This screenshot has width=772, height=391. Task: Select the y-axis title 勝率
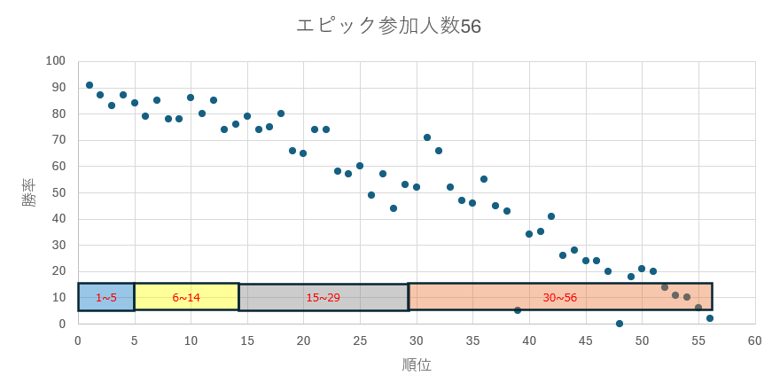tap(29, 192)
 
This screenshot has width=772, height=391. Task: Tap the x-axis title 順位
tap(417, 364)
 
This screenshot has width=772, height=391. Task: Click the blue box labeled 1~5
tap(106, 297)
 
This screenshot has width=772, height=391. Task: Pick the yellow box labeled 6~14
tap(186, 297)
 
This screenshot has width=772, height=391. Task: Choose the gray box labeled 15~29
tap(323, 297)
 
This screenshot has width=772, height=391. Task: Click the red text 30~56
tap(560, 298)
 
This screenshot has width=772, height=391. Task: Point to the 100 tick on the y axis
tap(56, 61)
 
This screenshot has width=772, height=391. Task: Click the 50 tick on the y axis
tap(58, 192)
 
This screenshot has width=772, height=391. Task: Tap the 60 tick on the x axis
tap(754, 340)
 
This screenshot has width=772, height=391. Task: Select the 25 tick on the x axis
tap(360, 340)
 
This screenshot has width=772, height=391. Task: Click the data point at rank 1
tap(90, 85)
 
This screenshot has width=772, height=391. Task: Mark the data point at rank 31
tap(427, 137)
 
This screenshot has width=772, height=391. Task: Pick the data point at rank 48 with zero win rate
tap(620, 324)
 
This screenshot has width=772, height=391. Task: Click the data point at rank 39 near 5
tap(518, 310)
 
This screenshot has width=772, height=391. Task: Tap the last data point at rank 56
tap(710, 318)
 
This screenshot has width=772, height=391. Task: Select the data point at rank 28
tap(394, 208)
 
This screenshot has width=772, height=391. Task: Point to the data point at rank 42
tap(551, 216)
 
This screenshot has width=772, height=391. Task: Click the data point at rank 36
tap(484, 179)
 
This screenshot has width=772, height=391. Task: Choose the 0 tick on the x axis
tap(78, 340)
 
